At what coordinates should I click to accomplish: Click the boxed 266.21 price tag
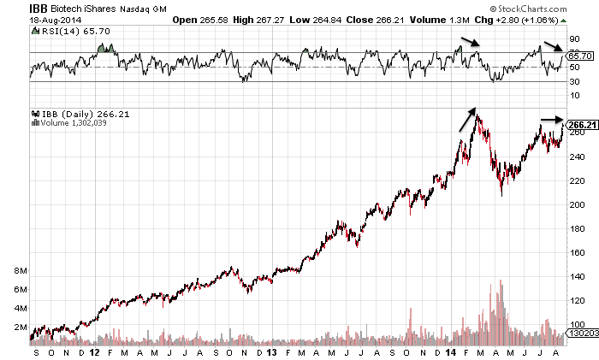point(582,125)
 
